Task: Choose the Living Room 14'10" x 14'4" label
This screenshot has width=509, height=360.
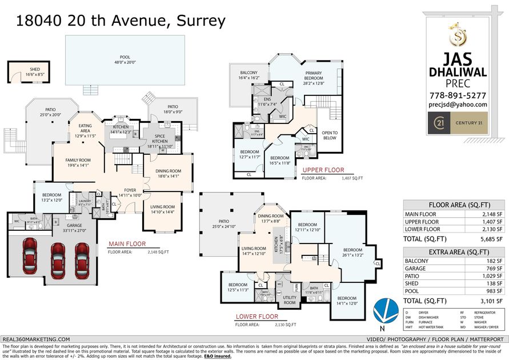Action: (162, 210)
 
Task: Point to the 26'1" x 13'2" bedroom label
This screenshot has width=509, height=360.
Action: (352, 253)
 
